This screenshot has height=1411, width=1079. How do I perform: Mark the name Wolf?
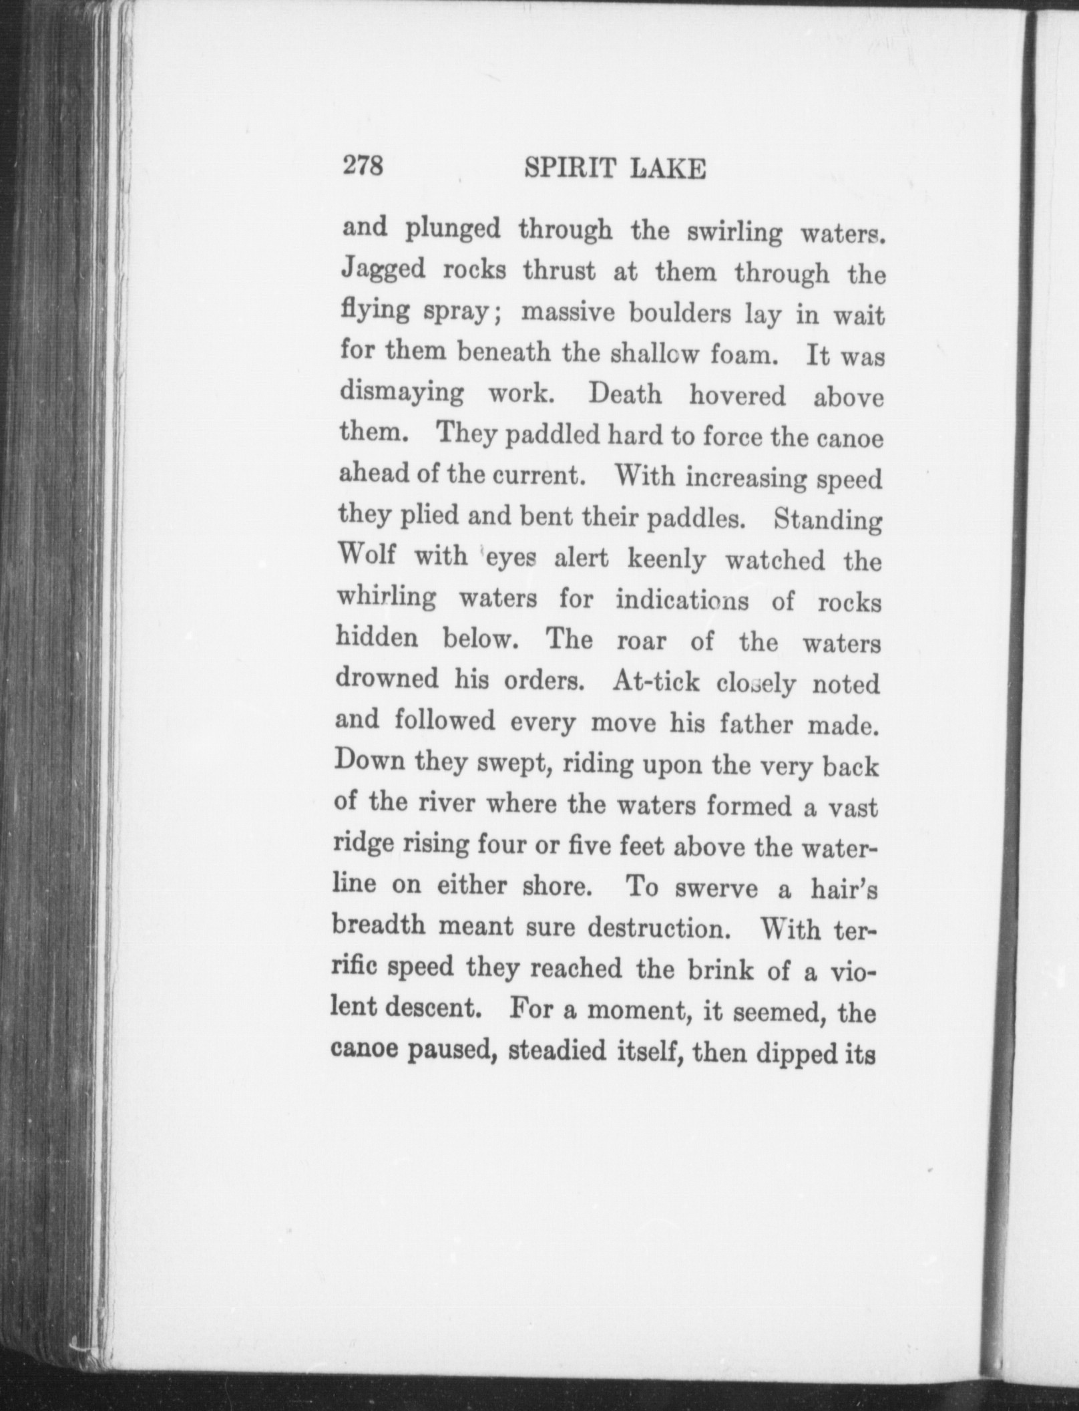click(x=367, y=555)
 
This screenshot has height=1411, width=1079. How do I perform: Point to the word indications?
click(x=682, y=600)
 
